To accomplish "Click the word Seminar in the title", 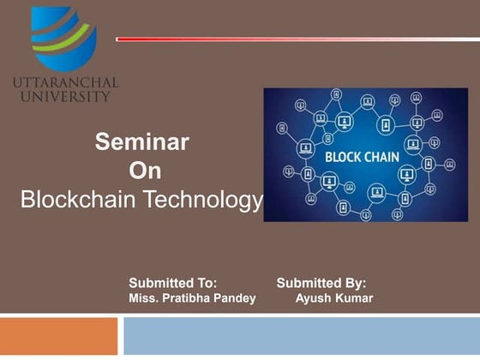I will tap(141, 141).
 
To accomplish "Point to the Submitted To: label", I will tap(172, 281).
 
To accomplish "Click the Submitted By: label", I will tap(321, 281).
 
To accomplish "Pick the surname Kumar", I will tap(353, 297).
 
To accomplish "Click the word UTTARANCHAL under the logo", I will tap(66, 83).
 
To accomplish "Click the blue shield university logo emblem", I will tap(64, 39).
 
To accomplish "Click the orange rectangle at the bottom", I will tap(58, 336).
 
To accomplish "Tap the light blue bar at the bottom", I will tap(300, 336).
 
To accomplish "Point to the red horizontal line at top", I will tap(291, 39).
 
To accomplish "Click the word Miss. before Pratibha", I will tap(143, 297).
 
